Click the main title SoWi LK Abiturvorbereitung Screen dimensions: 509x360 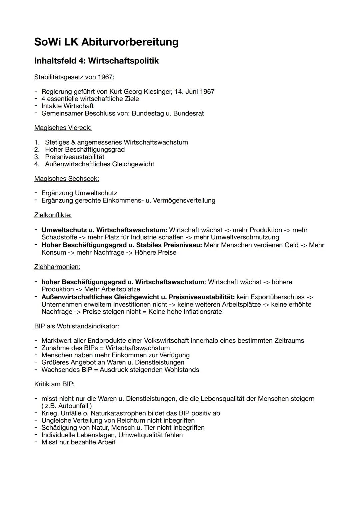click(x=106, y=42)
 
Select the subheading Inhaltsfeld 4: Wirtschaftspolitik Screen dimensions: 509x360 click(x=96, y=61)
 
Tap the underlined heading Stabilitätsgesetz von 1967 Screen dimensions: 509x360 click(x=74, y=77)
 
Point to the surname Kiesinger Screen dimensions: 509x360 click(x=157, y=91)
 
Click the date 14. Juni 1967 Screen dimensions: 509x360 click(x=194, y=91)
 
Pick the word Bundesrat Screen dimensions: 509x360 click(x=188, y=113)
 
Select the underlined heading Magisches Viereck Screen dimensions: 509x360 click(x=63, y=128)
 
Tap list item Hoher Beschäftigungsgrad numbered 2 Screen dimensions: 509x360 click(x=85, y=149)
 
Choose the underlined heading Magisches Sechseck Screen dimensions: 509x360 click(x=66, y=179)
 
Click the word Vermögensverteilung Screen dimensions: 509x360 click(x=184, y=200)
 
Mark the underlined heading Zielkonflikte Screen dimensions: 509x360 click(x=53, y=215)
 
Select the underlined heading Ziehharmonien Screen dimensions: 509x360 click(x=57, y=267)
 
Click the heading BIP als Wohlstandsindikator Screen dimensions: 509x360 click(x=76, y=326)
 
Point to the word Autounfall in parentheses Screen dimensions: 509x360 click(x=74, y=406)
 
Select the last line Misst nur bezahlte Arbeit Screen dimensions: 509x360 click(x=78, y=442)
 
